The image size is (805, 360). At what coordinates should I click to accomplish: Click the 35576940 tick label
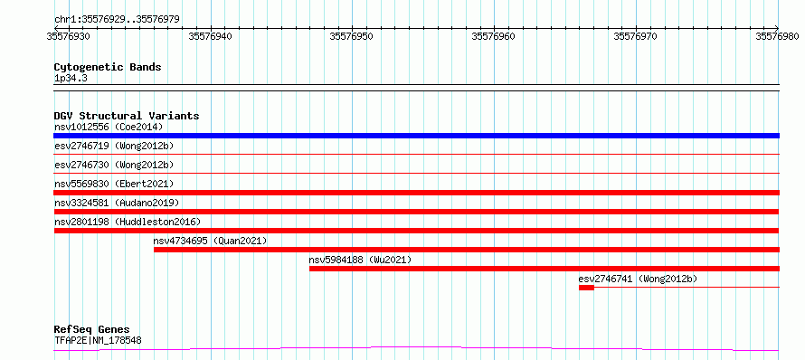pyautogui.click(x=211, y=36)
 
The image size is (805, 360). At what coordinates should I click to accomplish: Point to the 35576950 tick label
pyautogui.click(x=352, y=36)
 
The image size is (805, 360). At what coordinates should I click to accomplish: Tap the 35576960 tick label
pyautogui.click(x=493, y=36)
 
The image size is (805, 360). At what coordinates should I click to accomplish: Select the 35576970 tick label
pyautogui.click(x=636, y=36)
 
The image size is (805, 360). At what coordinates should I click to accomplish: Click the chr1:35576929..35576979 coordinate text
pyautogui.click(x=117, y=20)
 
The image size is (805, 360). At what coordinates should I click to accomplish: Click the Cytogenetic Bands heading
pyautogui.click(x=108, y=67)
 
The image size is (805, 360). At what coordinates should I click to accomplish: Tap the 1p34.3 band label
pyautogui.click(x=70, y=79)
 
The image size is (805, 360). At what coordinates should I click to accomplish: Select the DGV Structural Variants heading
pyautogui.click(x=127, y=116)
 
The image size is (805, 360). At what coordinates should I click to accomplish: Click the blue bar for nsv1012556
pyautogui.click(x=416, y=136)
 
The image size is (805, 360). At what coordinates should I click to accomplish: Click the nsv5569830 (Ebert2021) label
pyautogui.click(x=114, y=184)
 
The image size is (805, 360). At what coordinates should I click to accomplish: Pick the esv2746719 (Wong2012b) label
pyautogui.click(x=114, y=146)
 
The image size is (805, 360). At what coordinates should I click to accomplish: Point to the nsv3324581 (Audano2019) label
pyautogui.click(x=117, y=203)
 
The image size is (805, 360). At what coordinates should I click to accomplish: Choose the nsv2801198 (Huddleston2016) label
pyautogui.click(x=128, y=222)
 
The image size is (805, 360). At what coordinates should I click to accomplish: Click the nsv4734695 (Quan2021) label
pyautogui.click(x=210, y=241)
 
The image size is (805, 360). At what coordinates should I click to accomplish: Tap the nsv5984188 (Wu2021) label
pyautogui.click(x=360, y=260)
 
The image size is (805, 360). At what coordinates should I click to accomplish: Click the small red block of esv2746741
pyautogui.click(x=586, y=288)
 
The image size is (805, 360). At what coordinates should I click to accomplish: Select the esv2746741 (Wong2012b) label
pyautogui.click(x=638, y=279)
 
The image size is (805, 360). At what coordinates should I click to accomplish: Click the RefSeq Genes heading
pyautogui.click(x=92, y=330)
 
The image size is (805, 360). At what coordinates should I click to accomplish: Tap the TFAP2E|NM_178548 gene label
pyautogui.click(x=98, y=340)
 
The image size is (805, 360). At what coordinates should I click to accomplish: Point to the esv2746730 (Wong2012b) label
pyautogui.click(x=114, y=165)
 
